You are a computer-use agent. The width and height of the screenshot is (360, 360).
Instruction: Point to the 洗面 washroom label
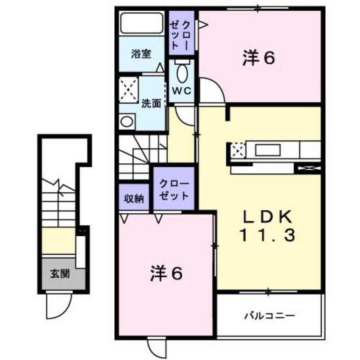[x=151, y=103]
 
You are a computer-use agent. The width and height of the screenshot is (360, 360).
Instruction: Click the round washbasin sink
[x=127, y=121]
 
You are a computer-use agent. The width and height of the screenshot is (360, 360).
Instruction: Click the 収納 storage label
[x=134, y=198]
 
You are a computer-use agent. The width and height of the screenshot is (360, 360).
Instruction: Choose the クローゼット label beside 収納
[x=174, y=190]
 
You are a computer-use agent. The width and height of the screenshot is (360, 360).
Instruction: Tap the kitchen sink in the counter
[x=275, y=149]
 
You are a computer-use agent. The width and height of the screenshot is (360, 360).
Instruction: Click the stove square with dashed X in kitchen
[x=238, y=149]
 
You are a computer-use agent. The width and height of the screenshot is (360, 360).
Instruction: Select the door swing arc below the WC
[x=185, y=115]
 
